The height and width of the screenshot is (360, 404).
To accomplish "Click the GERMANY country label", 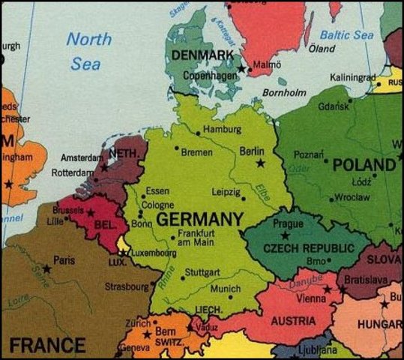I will click(199, 220).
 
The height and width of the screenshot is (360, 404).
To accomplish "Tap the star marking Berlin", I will click(260, 163).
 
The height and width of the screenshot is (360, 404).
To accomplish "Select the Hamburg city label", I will click(222, 129).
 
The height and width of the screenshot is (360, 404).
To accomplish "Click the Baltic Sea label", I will click(346, 34).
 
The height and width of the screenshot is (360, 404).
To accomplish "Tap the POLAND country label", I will click(364, 164).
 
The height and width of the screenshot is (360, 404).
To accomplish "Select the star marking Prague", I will click(285, 235).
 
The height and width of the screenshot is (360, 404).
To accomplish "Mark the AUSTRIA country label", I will click(293, 321).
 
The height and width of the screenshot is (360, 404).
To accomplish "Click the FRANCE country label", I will click(47, 346).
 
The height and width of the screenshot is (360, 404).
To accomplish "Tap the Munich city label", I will click(225, 289).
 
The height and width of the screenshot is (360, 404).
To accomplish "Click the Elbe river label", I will click(262, 191).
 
